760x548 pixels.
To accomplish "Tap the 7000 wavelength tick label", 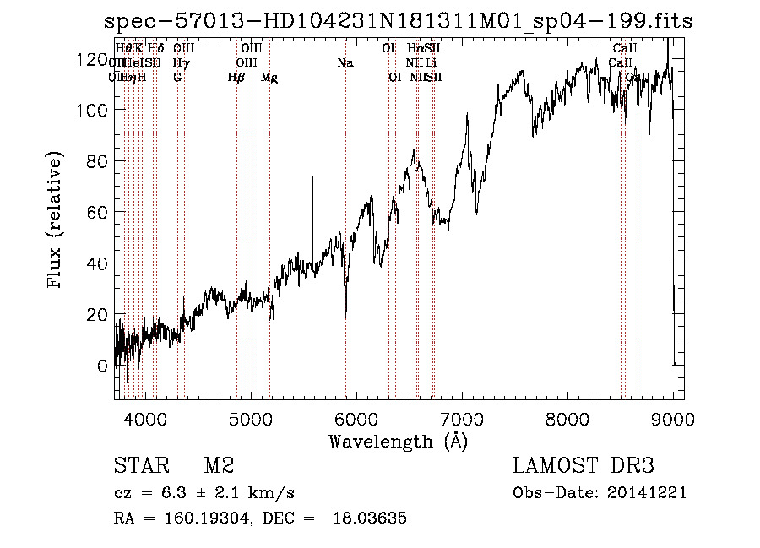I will (462, 420).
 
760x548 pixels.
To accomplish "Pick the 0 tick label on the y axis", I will (101, 366).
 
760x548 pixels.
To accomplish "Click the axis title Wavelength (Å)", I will (398, 441).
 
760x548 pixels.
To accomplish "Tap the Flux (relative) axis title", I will (57, 221).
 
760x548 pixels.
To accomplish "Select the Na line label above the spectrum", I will (345, 63).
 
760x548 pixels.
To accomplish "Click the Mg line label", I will (269, 78).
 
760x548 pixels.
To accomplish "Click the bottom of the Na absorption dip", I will (345, 314).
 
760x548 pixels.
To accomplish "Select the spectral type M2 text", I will (218, 465).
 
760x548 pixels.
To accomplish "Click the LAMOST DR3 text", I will (583, 465).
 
